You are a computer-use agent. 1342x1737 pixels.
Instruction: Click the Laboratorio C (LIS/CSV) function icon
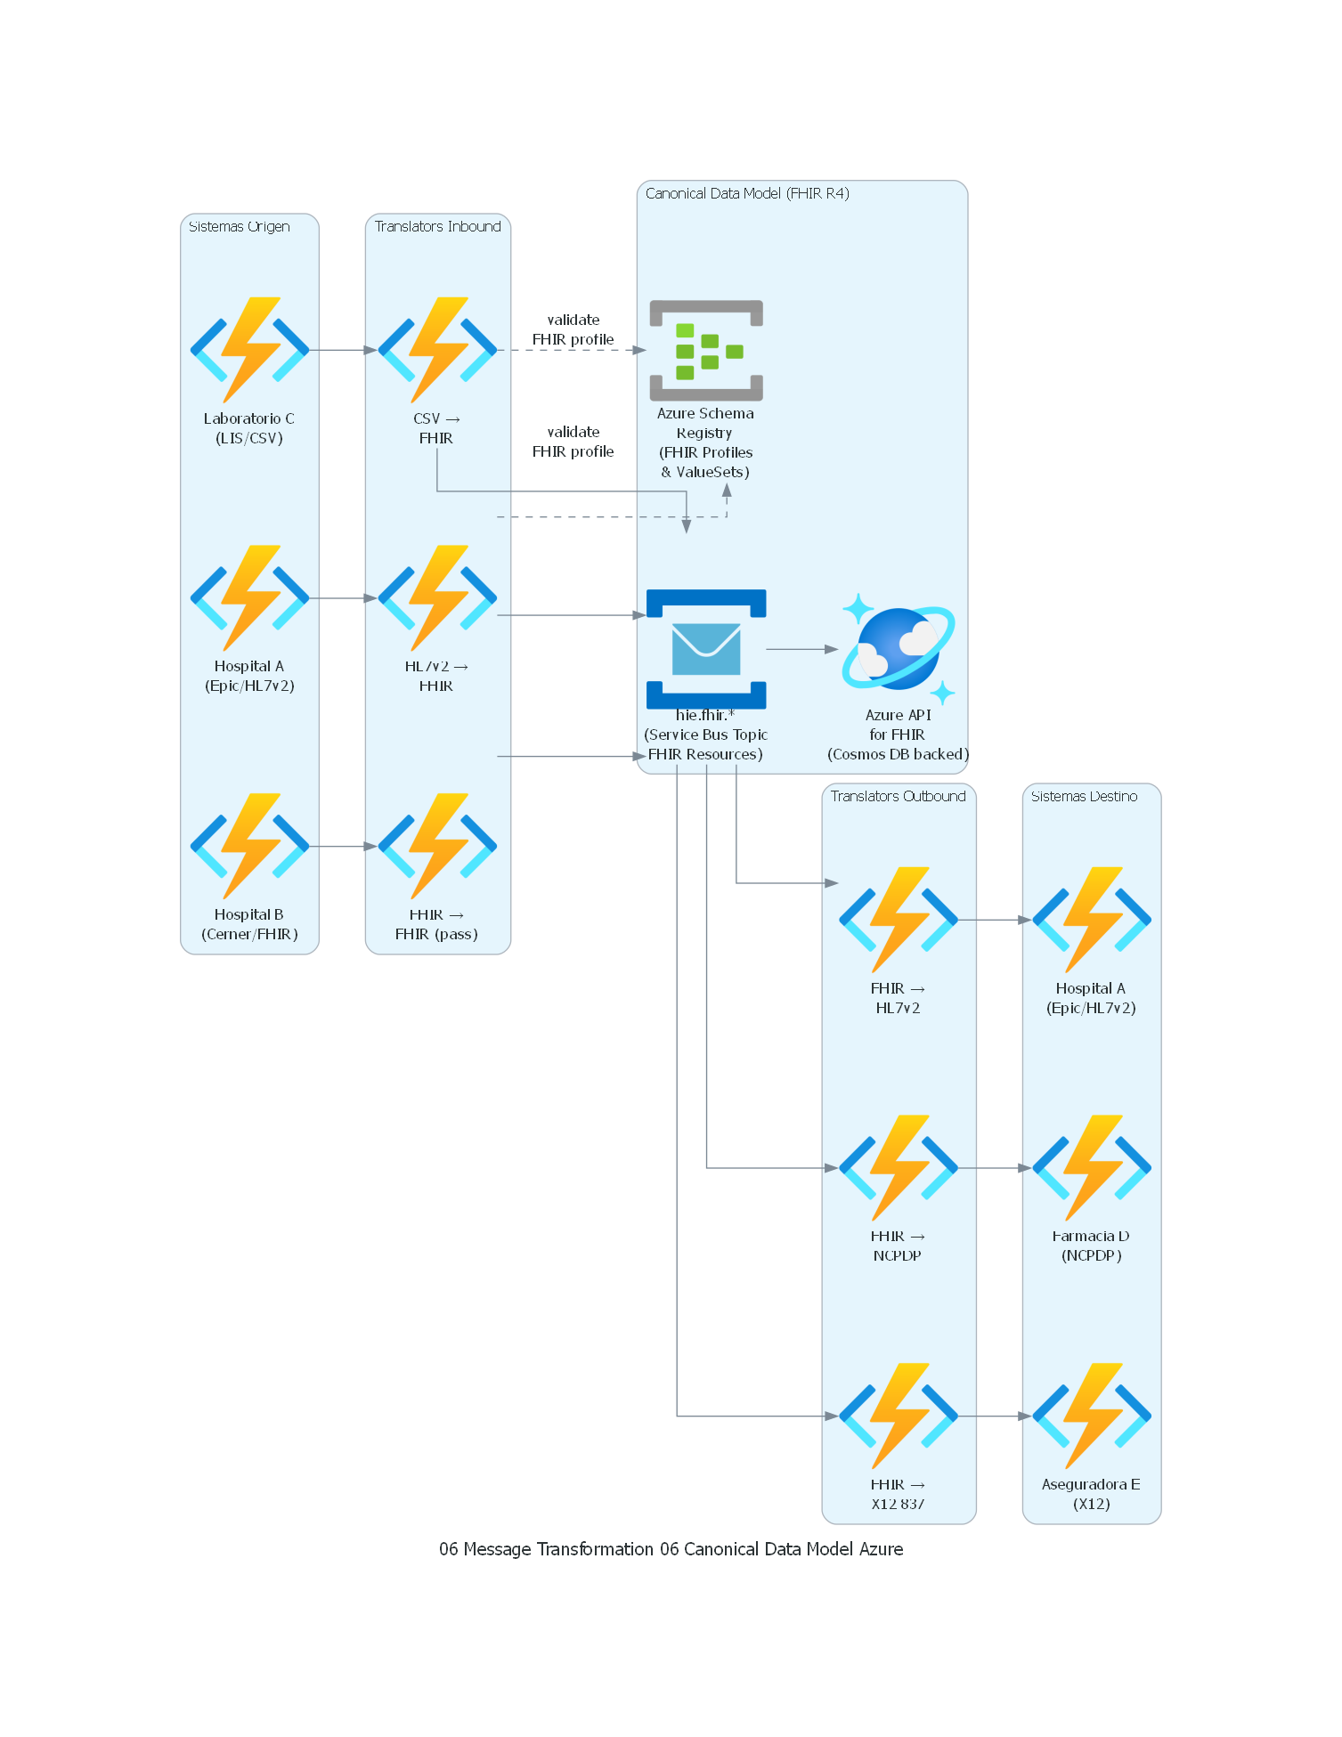249,350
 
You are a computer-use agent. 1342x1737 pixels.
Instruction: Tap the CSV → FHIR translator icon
437,350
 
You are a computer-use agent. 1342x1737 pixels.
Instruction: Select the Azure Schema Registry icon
706,351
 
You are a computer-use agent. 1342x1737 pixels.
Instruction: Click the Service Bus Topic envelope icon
706,649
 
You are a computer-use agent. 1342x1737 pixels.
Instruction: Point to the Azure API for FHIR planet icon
898,649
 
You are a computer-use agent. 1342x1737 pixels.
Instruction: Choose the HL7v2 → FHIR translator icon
437,598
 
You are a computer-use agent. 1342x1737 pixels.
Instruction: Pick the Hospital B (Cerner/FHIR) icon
249,846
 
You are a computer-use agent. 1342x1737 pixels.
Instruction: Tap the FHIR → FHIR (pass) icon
437,846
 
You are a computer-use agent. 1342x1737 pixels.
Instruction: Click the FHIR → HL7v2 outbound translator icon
898,920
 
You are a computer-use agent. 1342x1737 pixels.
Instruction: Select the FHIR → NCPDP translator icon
898,1167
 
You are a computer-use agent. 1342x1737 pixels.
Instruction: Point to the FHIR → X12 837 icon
898,1416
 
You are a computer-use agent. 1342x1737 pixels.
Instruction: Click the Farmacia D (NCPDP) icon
1092,1167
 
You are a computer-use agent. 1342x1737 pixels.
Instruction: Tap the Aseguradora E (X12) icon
1092,1416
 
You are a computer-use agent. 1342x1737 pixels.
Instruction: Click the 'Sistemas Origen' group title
240,227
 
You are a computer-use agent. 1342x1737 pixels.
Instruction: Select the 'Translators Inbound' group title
437,227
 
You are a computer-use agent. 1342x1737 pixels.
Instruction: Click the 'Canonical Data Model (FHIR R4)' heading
747,193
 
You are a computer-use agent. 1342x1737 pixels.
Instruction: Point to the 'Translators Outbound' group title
898,796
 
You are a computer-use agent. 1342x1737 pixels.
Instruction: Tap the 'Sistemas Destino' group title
1084,796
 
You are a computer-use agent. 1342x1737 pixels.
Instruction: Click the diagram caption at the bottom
671,1549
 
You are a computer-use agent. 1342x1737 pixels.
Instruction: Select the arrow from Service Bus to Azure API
801,649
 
